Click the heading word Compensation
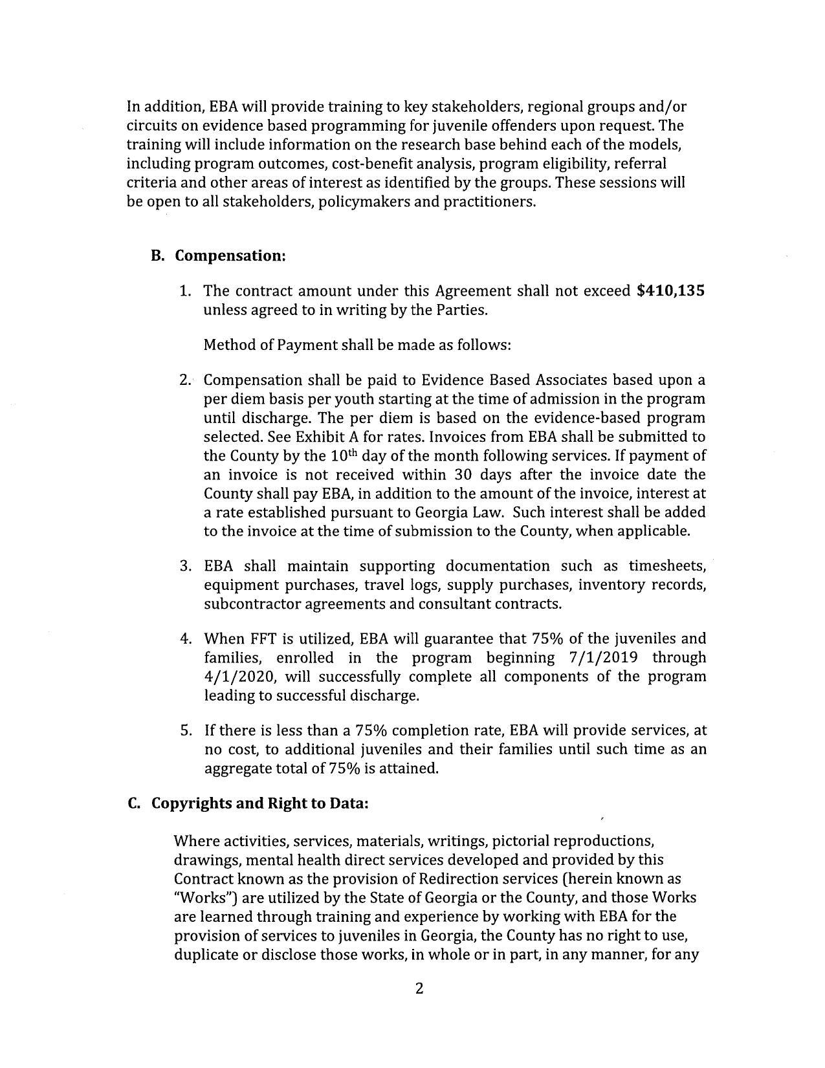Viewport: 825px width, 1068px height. click(230, 256)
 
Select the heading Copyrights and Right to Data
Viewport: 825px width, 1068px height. click(259, 803)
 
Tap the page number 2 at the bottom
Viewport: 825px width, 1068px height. click(419, 988)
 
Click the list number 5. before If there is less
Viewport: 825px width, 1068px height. click(186, 731)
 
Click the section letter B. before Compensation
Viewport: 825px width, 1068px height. click(157, 256)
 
